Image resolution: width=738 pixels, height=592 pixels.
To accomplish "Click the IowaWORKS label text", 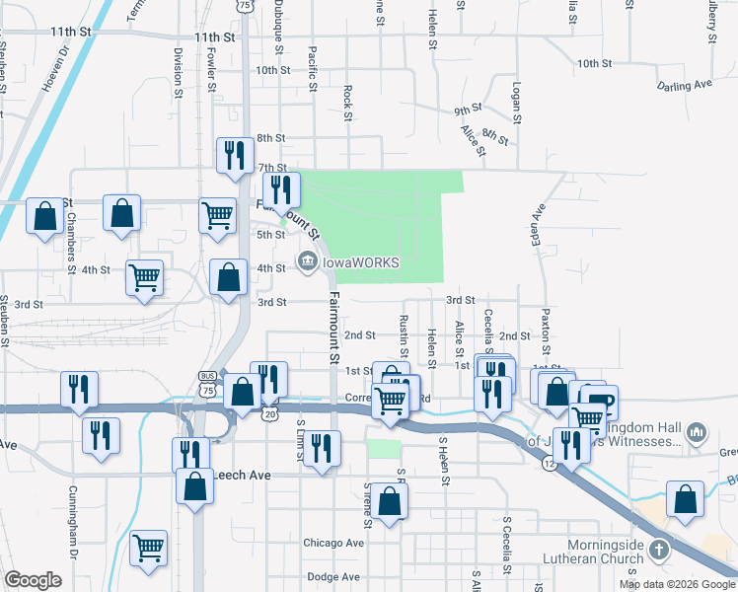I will tap(359, 262).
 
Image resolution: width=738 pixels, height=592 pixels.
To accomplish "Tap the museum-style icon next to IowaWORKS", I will tap(306, 261).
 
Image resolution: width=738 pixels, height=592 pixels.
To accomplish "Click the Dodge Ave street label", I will tap(333, 576).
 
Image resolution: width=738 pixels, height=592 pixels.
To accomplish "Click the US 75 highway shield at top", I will tap(244, 5).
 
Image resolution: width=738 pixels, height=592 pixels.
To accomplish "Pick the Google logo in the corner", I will tap(33, 579).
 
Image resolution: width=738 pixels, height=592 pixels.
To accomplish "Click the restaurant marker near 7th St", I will tap(235, 154).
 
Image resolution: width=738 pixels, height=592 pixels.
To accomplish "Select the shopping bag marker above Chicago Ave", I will tap(391, 499).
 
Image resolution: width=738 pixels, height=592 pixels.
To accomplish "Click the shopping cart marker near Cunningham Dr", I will tap(148, 548).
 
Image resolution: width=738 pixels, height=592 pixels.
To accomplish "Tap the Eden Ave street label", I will tap(539, 226).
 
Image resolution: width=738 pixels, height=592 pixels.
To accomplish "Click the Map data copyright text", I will tap(678, 584).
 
